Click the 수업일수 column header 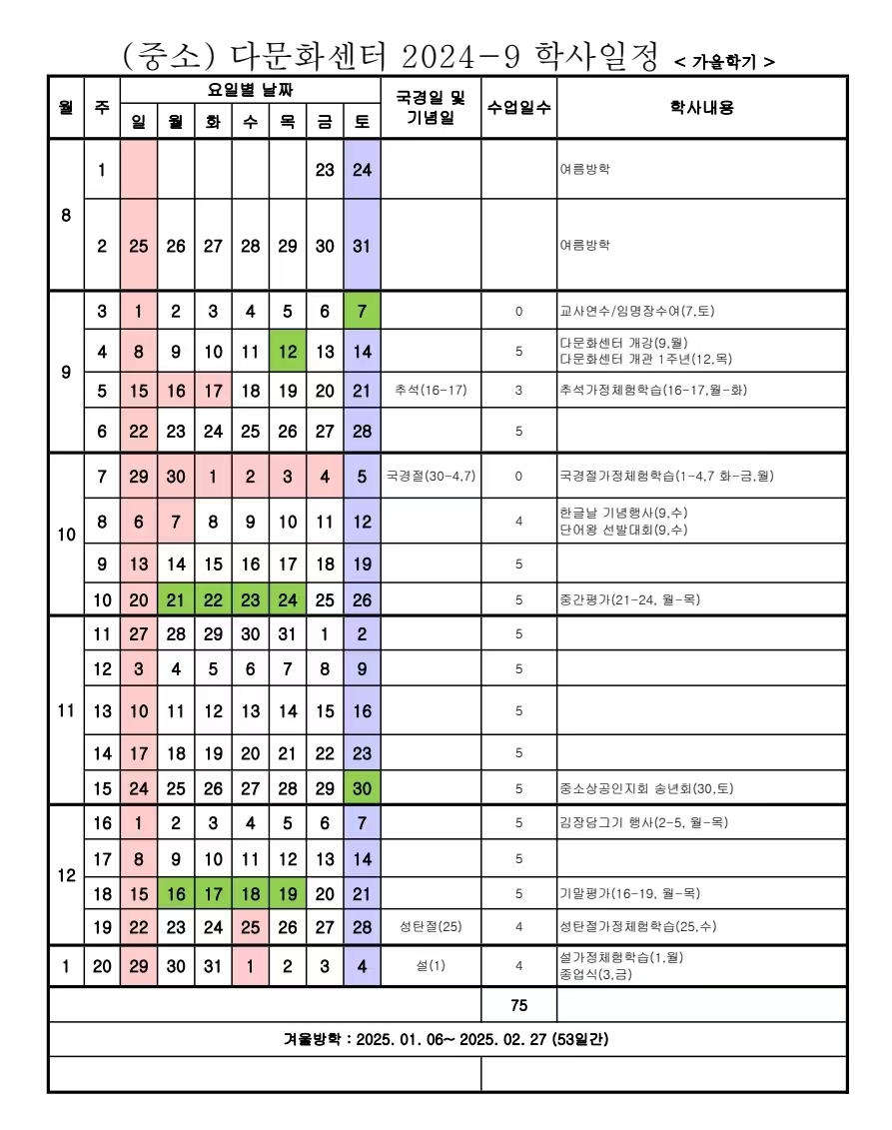click(518, 107)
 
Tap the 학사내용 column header click(701, 107)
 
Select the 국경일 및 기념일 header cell click(431, 107)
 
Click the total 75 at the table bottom click(518, 1005)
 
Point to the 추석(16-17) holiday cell click(431, 390)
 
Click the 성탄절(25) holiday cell click(431, 926)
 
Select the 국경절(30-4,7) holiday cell click(431, 476)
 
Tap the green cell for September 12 click(288, 352)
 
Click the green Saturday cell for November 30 click(362, 788)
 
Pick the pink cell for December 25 click(251, 926)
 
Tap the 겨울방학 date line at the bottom click(446, 1039)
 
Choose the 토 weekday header click(362, 122)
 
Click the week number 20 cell click(102, 966)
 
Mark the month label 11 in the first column click(66, 710)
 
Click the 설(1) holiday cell click(431, 966)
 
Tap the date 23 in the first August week click(325, 170)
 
